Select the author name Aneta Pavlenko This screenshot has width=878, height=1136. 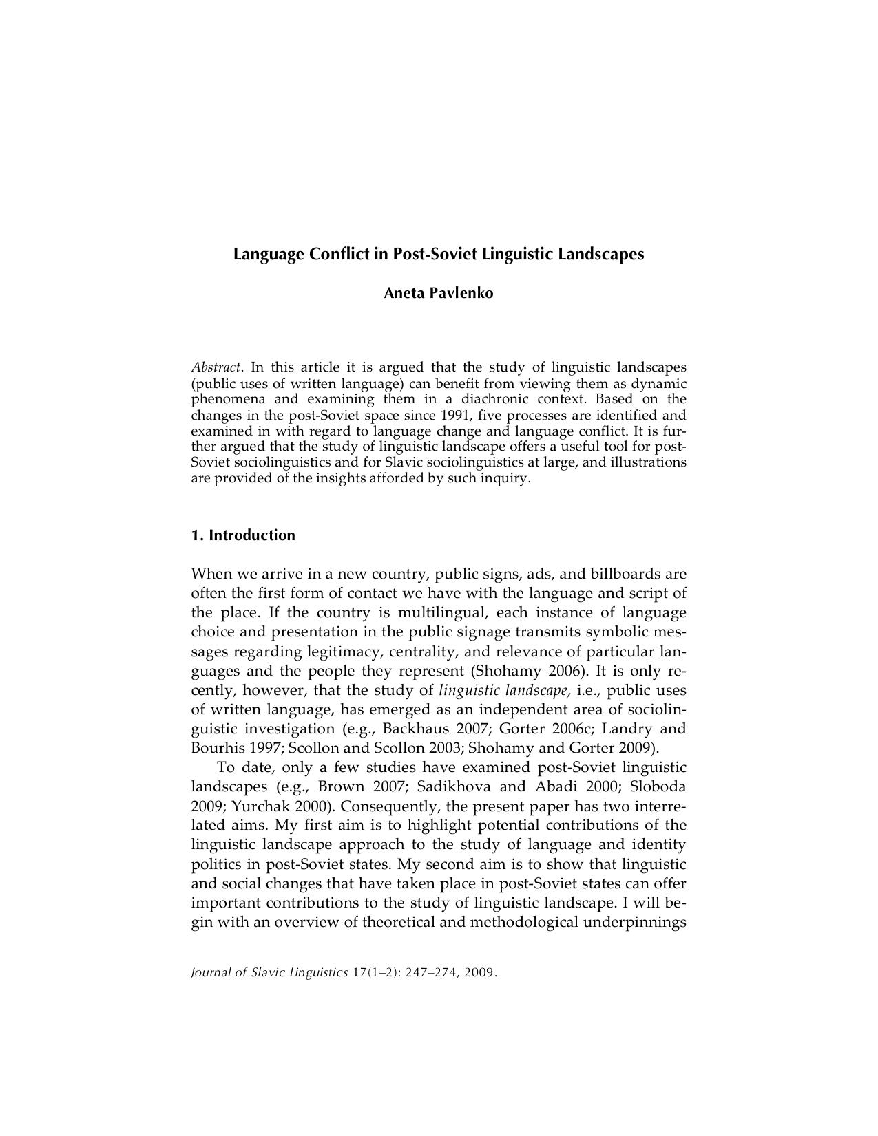tap(438, 293)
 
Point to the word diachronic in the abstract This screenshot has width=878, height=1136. tap(504, 399)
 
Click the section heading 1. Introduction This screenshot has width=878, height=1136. tap(243, 535)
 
